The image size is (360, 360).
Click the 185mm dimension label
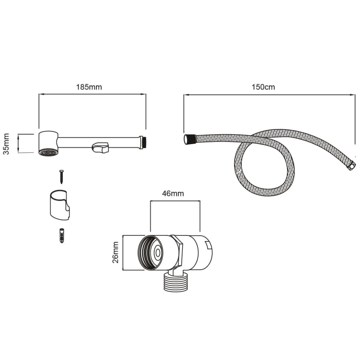coord(89,87)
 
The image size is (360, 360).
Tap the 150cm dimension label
coord(263,87)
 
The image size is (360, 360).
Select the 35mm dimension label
coord(6,144)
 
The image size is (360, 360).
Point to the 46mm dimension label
coord(173,194)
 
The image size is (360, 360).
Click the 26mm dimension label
coord(115,252)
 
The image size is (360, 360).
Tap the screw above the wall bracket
coord(62,177)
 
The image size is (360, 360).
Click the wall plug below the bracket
coord(62,236)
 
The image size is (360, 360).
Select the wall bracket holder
coord(60,205)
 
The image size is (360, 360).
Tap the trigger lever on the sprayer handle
coord(100,147)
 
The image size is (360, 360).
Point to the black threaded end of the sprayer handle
coord(144,142)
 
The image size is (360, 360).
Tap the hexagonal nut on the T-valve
coord(177,252)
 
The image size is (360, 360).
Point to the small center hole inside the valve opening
coord(158,253)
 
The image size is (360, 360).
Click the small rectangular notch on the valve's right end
coord(208,245)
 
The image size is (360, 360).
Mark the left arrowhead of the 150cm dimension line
coord(186,95)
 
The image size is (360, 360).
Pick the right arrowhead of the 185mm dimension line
coord(143,94)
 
